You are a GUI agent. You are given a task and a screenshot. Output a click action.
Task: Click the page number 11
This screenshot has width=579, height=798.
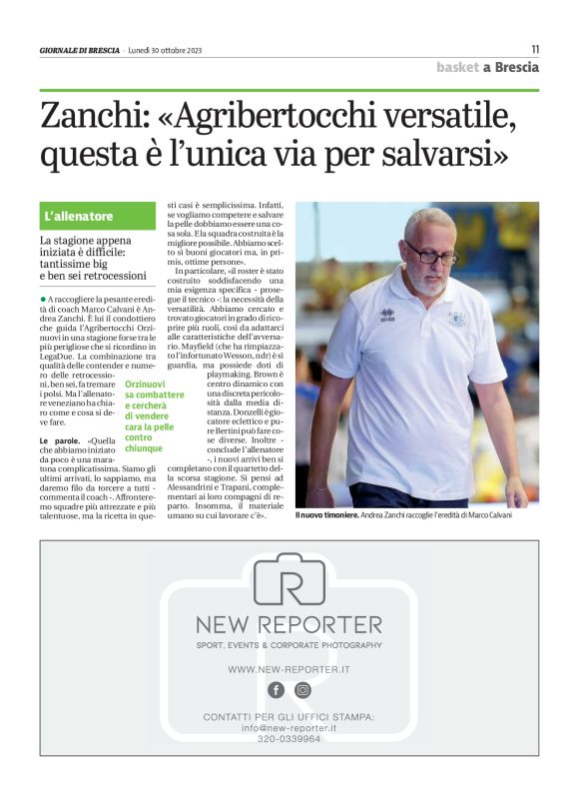tap(534, 49)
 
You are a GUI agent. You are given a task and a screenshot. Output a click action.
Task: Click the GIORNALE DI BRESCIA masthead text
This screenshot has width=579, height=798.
tap(79, 50)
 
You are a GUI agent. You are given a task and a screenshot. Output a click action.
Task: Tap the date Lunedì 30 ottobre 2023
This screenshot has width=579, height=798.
tap(165, 50)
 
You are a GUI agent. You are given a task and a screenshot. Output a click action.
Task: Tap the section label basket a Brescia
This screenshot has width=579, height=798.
tap(487, 67)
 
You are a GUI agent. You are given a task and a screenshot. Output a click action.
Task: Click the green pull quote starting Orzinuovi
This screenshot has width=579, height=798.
tap(153, 415)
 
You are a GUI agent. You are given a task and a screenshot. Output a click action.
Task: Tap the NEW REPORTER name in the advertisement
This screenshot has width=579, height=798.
tap(289, 625)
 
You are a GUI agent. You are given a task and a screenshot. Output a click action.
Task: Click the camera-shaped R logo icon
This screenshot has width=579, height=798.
tap(289, 582)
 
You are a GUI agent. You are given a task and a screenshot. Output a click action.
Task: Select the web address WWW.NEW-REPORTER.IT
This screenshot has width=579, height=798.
tap(289, 668)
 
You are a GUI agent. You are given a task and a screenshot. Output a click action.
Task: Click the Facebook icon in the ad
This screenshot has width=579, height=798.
tap(276, 690)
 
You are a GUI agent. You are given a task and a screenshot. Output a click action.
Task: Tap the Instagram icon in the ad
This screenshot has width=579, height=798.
tap(302, 690)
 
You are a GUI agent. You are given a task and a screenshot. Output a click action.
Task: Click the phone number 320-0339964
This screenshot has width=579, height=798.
tap(289, 739)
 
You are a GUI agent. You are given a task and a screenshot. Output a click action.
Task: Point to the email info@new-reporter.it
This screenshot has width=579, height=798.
tap(289, 728)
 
